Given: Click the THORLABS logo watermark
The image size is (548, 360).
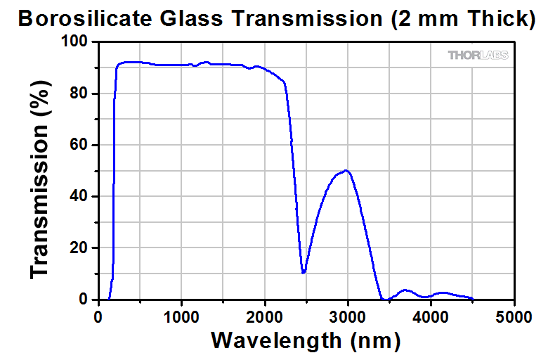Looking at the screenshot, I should [478, 55].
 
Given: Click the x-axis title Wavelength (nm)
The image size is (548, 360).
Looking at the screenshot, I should [306, 340].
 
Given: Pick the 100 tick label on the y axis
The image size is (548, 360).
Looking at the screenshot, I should [77, 42].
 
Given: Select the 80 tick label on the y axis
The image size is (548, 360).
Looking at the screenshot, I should [81, 94].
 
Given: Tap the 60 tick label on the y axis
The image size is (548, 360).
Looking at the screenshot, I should [81, 146].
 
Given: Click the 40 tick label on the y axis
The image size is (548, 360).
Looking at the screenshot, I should [81, 197].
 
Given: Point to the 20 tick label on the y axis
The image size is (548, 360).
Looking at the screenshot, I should [81, 248].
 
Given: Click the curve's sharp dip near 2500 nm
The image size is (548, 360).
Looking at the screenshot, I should [304, 272].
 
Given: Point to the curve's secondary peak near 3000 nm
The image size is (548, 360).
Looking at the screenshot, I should [346, 171].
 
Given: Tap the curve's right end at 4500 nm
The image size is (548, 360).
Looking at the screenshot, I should [471, 298].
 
